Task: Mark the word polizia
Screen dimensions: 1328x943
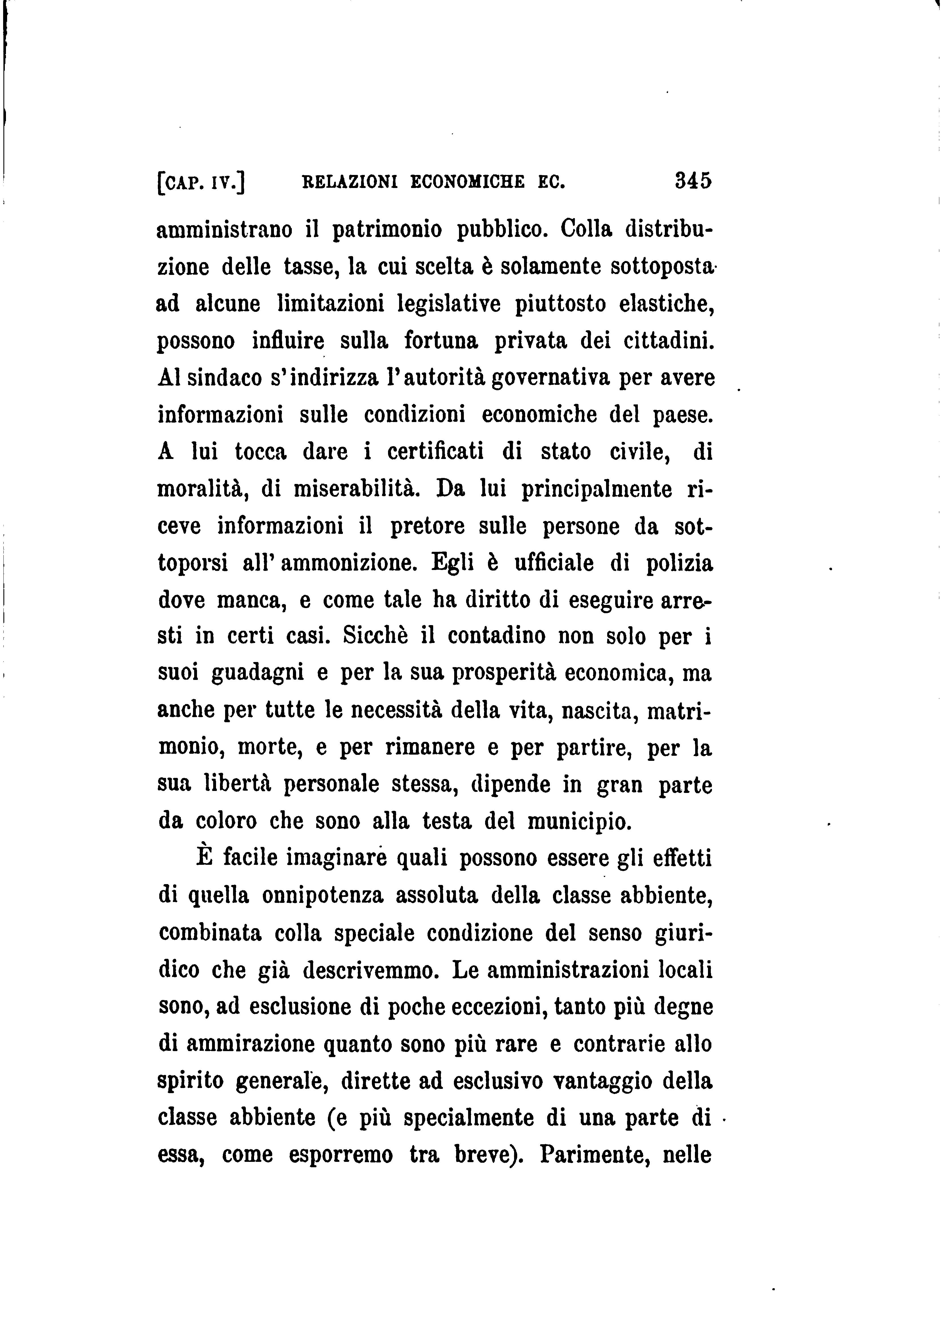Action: point(679,563)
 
